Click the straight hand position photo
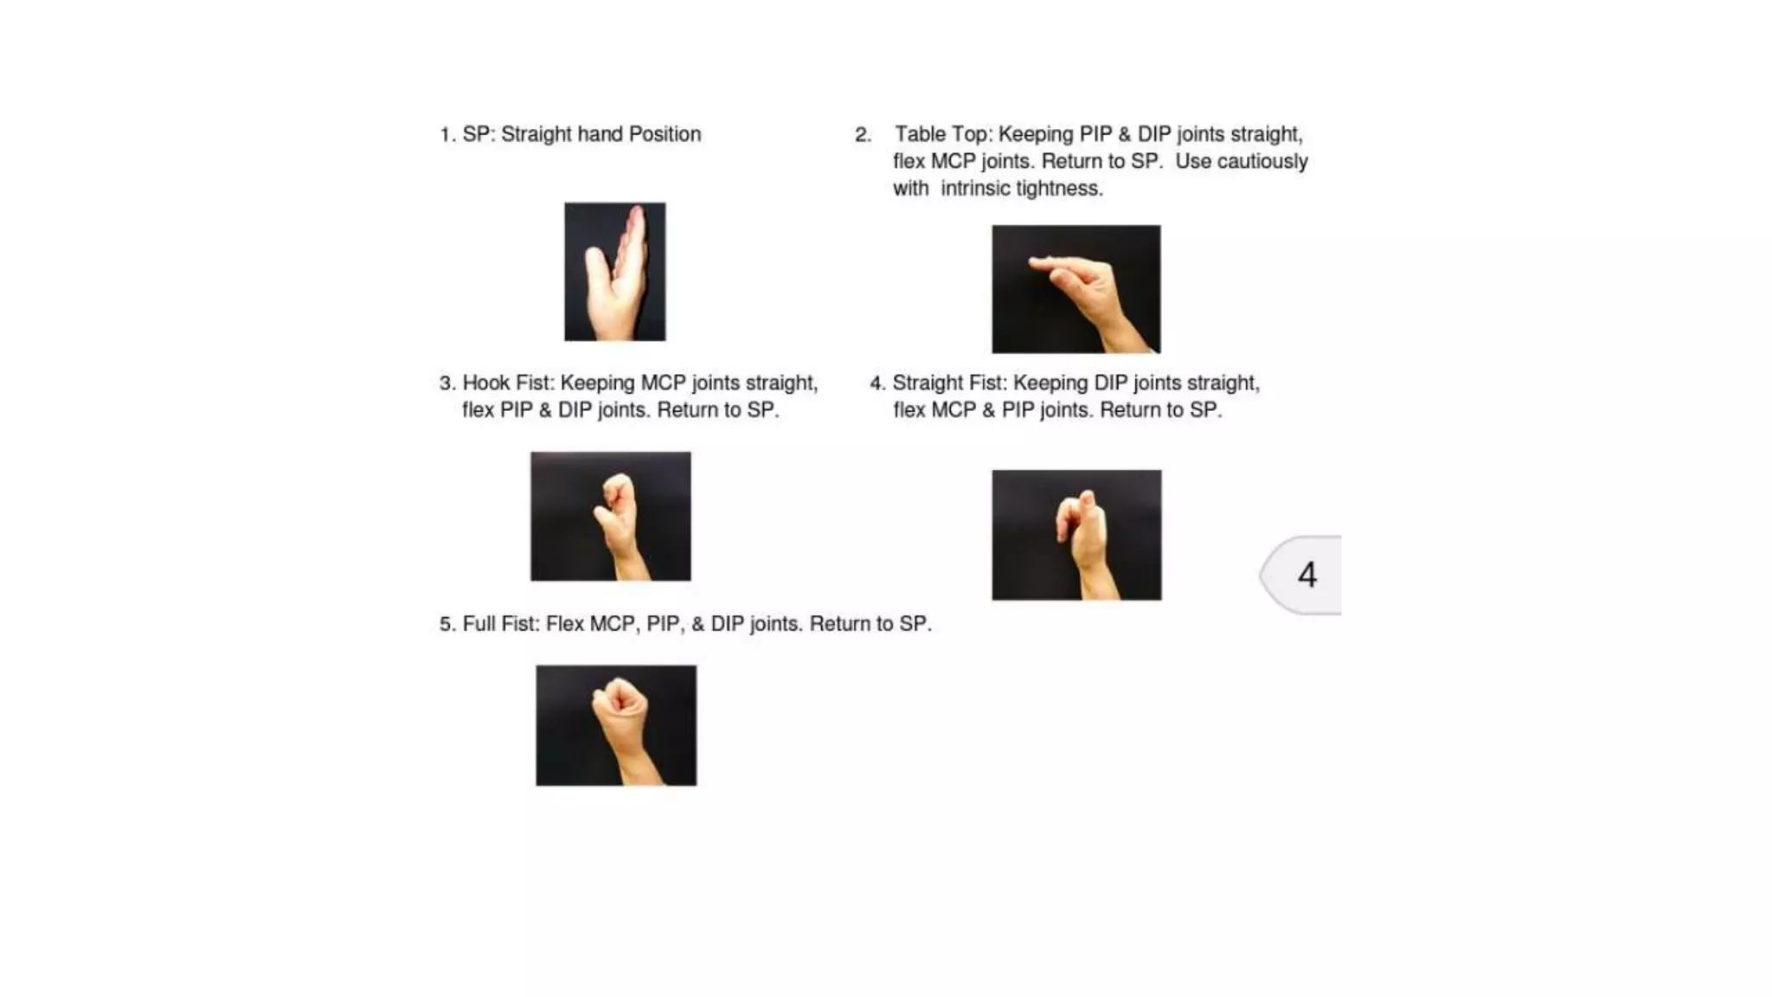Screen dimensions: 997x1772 [615, 272]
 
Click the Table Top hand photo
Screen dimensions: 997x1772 [1075, 289]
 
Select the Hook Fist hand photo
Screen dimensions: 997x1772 [610, 516]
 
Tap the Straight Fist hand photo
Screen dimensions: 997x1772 [1076, 535]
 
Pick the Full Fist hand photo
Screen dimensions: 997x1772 [616, 725]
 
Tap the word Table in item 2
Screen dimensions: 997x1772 [919, 135]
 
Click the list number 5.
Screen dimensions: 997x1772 [446, 624]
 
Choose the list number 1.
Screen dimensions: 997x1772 [446, 135]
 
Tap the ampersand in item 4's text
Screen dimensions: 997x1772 [988, 410]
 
